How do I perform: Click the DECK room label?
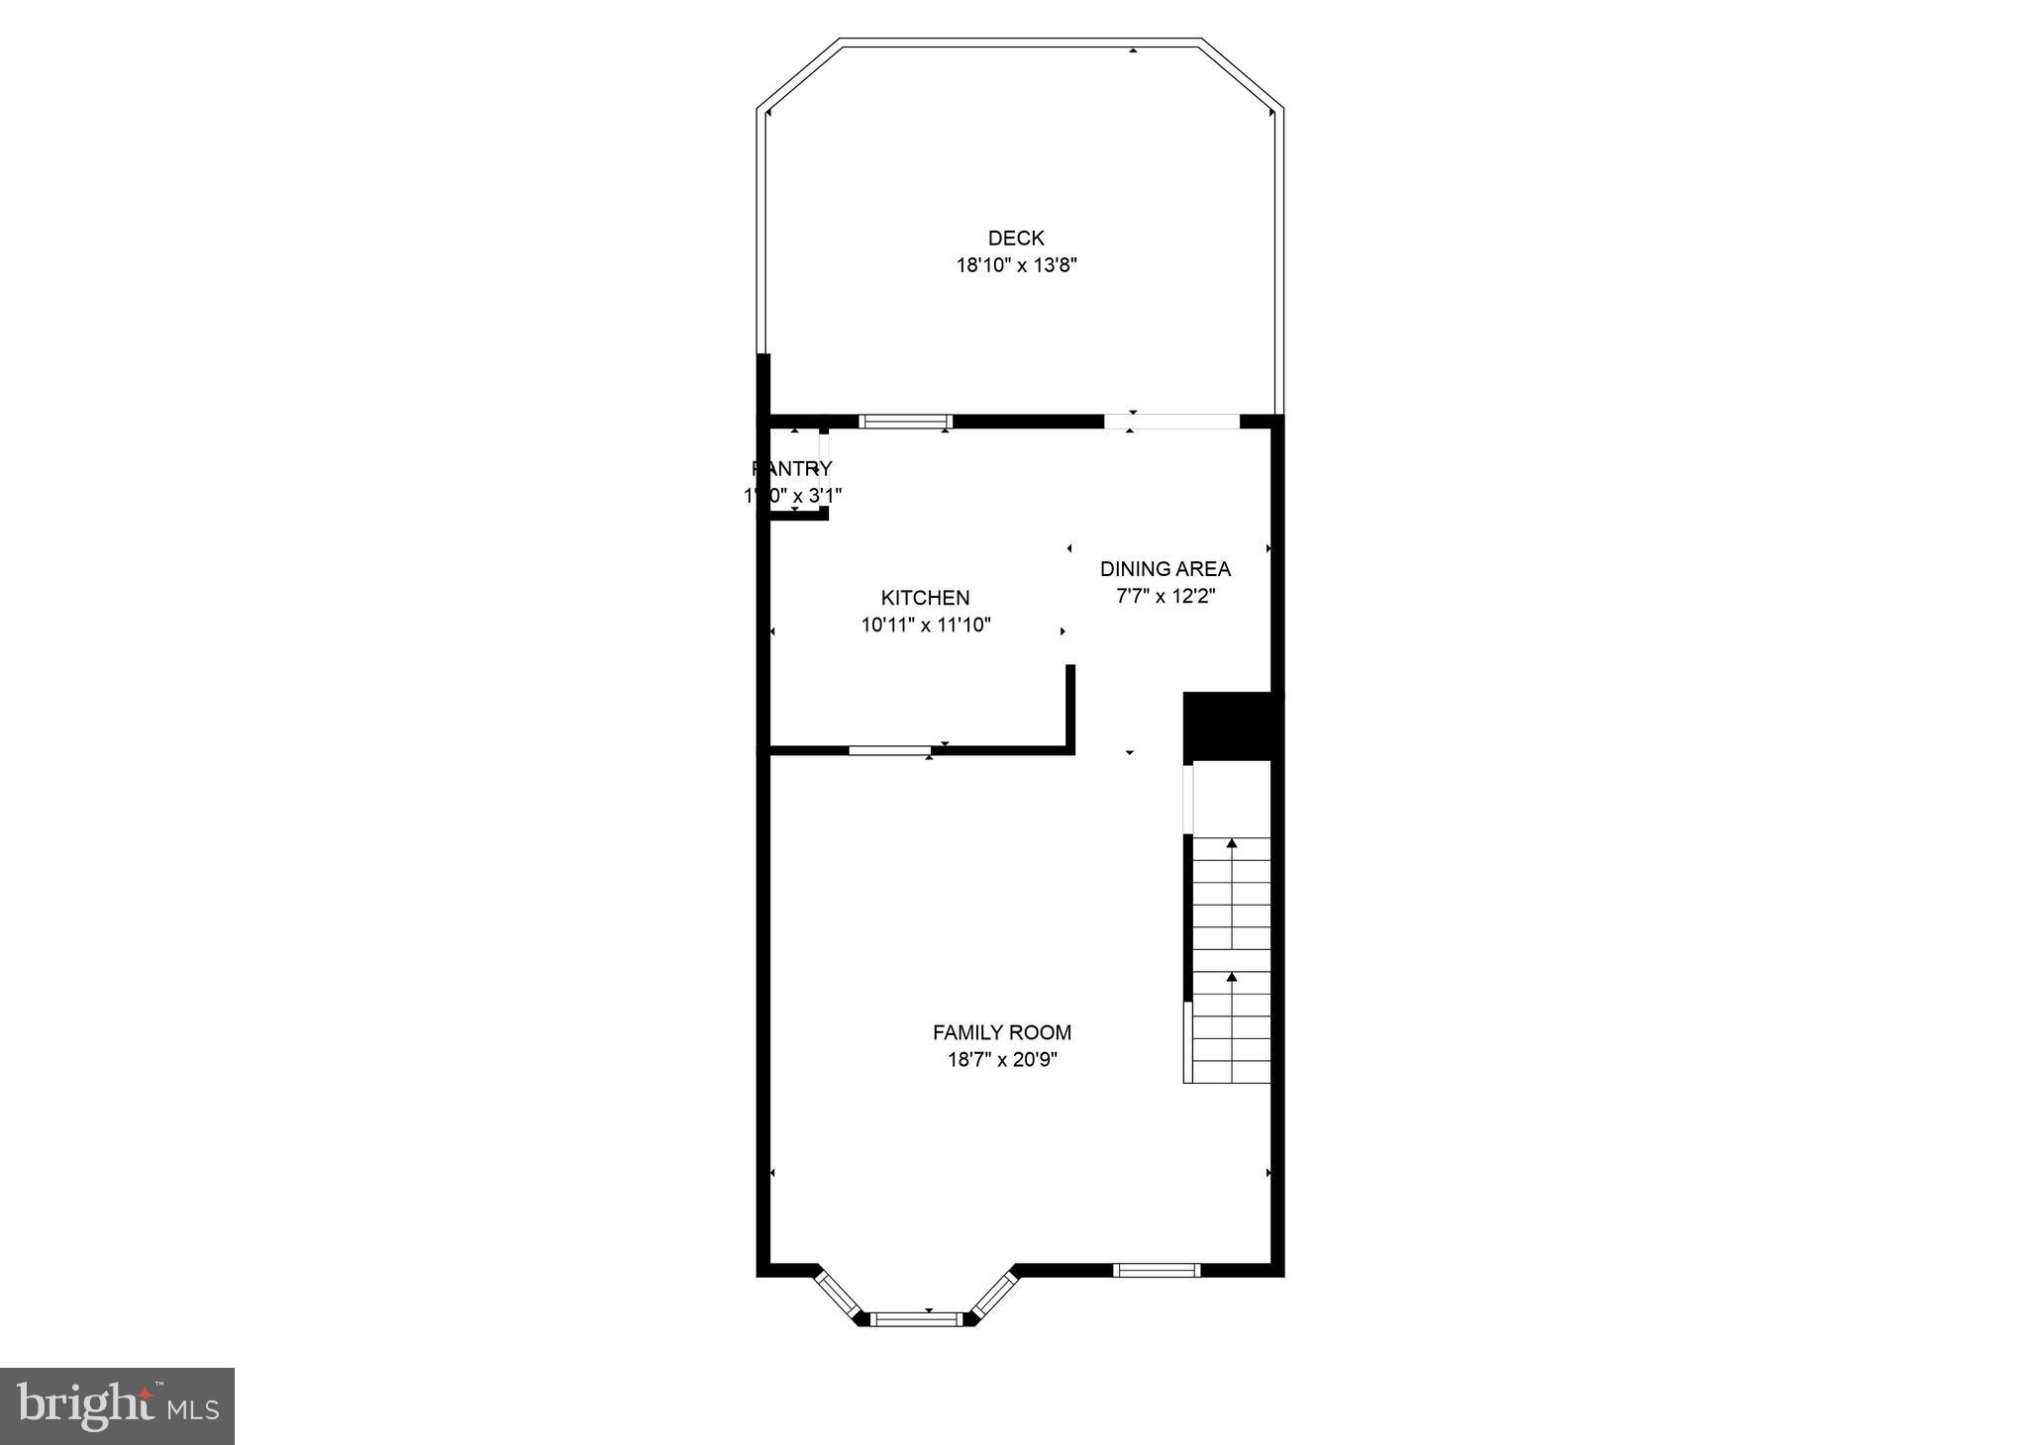1016,238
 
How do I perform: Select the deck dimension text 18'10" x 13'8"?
1016,265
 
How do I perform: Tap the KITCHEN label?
925,598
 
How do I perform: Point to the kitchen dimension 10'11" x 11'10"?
925,625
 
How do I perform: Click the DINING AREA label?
1165,569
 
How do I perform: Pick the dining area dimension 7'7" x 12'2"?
1165,596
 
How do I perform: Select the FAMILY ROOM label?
1001,1032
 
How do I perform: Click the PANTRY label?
792,468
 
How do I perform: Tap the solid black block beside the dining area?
1227,726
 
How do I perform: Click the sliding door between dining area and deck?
1171,422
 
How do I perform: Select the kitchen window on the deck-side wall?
905,422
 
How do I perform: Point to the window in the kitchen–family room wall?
889,750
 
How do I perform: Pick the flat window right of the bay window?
1156,1270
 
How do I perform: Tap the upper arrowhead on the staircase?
1232,843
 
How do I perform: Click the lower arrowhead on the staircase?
1232,977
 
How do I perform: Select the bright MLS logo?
117,1406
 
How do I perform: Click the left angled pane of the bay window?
838,1296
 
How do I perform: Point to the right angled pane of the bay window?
994,1296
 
